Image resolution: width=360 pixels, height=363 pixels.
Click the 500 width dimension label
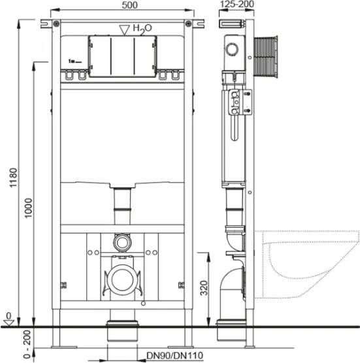pos(130,5)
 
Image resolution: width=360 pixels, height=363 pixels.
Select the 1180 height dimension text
pos(13,178)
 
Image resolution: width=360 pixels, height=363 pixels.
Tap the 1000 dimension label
pos(29,208)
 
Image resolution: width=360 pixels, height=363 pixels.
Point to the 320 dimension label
pos(204,288)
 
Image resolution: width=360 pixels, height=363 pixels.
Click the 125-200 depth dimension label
pos(237,4)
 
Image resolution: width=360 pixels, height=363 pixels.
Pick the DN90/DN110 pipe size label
pos(174,355)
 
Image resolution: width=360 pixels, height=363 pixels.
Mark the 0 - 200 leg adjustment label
pos(27,344)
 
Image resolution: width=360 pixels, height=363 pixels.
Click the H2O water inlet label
pos(142,29)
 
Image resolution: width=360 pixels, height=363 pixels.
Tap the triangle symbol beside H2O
pos(124,30)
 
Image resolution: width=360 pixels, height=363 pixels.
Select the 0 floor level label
pos(8,315)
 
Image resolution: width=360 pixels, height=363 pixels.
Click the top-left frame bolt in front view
pos(56,24)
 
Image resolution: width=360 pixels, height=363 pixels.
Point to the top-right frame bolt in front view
pos(188,24)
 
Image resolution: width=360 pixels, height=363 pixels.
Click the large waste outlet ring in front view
pos(122,279)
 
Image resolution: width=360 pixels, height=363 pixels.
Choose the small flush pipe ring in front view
pos(122,242)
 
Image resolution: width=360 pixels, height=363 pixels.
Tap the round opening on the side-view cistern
pos(232,49)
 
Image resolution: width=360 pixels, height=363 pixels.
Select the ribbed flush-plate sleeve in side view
pos(266,56)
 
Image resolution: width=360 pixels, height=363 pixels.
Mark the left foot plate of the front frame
pos(61,347)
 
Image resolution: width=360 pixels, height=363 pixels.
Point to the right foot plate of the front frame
pos(180,347)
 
